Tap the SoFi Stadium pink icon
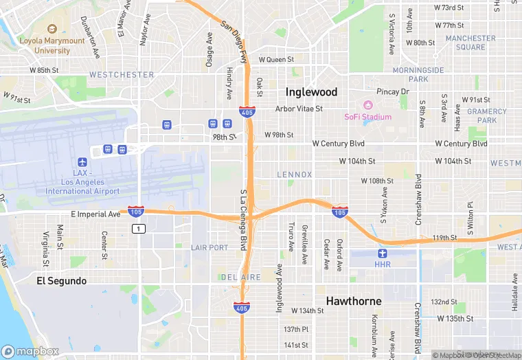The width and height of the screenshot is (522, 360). click(x=367, y=105)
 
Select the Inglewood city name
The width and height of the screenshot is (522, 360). click(x=311, y=91)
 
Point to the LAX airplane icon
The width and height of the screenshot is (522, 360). click(x=82, y=162)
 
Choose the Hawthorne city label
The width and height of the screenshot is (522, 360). click(x=353, y=301)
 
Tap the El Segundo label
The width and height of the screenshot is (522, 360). click(x=62, y=281)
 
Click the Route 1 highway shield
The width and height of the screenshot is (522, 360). click(x=139, y=228)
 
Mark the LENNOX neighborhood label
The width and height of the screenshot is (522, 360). click(x=294, y=175)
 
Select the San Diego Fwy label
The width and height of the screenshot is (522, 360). click(x=234, y=41)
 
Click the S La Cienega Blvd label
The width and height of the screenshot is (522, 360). click(x=243, y=220)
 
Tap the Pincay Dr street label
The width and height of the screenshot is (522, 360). click(x=392, y=91)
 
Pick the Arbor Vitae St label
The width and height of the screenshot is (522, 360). click(x=299, y=109)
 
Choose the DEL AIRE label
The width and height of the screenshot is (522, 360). click(x=240, y=276)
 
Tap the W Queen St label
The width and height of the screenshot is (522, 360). click(x=276, y=60)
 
